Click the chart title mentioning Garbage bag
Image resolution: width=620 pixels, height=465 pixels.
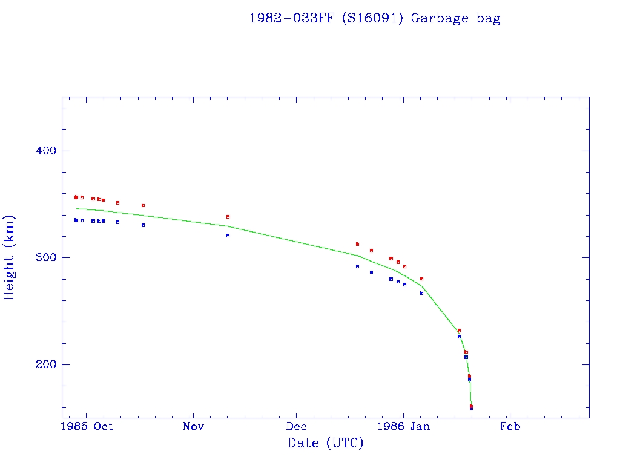click(x=375, y=18)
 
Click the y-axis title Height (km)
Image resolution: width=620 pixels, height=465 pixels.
click(x=9, y=257)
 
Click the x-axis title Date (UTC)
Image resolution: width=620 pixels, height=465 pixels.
click(x=326, y=443)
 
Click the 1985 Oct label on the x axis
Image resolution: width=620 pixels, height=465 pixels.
click(x=87, y=427)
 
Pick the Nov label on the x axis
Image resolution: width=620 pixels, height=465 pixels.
click(x=193, y=427)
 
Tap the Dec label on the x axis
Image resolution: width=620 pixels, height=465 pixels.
click(x=297, y=427)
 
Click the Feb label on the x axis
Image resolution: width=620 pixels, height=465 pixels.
click(x=509, y=427)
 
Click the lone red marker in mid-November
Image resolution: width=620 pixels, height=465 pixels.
click(x=228, y=217)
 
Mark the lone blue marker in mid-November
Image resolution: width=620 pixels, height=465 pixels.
click(x=228, y=236)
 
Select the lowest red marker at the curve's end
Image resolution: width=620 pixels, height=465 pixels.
click(x=471, y=406)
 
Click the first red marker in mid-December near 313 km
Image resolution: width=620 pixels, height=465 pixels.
click(x=357, y=244)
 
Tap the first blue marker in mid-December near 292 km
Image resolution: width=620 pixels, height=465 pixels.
click(x=357, y=266)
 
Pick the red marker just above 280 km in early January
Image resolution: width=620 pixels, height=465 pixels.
click(x=421, y=279)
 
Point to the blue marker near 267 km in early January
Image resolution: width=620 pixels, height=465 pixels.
click(x=421, y=293)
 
